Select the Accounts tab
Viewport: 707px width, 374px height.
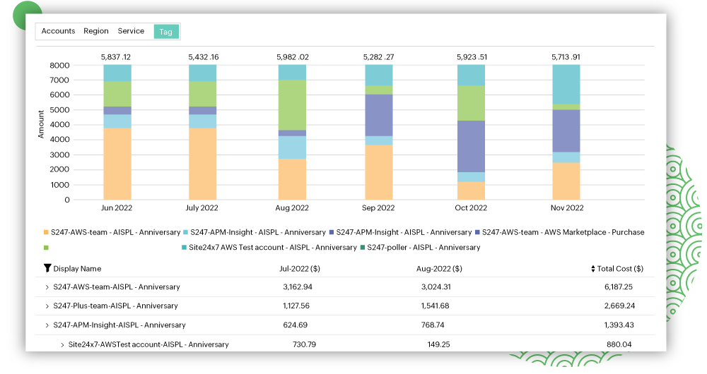coord(58,31)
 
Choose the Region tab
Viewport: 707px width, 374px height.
coord(96,31)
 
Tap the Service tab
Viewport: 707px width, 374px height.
coord(131,31)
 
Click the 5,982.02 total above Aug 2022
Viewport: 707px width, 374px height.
coord(292,56)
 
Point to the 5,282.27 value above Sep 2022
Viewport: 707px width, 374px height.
coord(378,56)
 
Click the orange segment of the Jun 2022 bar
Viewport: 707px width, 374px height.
coord(117,163)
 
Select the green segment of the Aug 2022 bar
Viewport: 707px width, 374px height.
coord(292,104)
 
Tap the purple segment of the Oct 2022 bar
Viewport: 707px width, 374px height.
coord(471,146)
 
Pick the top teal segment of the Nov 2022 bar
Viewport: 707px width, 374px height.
coord(566,84)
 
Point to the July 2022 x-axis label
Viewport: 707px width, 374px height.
coord(203,208)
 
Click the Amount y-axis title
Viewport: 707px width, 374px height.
coord(41,123)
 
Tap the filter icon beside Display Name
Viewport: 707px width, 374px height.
coord(47,268)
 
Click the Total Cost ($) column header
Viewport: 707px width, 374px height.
coord(618,269)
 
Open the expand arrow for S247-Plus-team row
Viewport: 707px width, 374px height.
coord(47,306)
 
